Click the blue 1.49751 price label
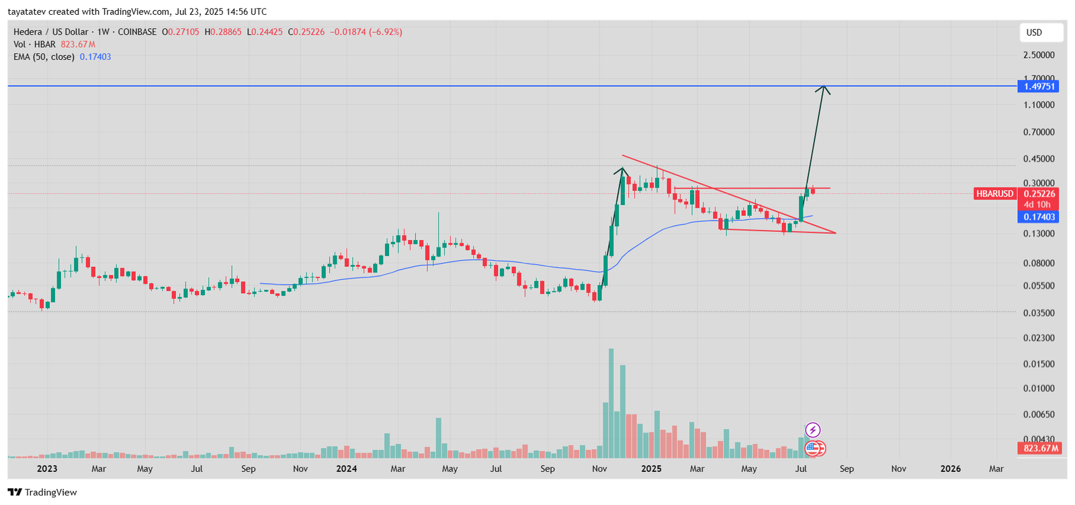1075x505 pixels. (x=1038, y=86)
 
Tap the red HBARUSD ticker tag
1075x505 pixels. (x=994, y=194)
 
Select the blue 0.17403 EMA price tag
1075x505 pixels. (x=1038, y=217)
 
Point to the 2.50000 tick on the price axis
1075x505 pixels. (x=1039, y=55)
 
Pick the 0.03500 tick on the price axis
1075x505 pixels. (x=1039, y=313)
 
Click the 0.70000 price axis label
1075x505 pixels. (x=1039, y=132)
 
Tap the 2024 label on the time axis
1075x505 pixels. (x=346, y=469)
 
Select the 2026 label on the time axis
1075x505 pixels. (x=950, y=469)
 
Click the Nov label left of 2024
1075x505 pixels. (x=300, y=469)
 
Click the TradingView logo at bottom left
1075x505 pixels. (x=42, y=492)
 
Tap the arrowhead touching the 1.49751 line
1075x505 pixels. (x=824, y=89)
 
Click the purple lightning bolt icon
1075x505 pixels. (x=812, y=430)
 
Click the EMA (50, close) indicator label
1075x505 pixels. (x=44, y=57)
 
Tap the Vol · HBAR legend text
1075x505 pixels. (x=34, y=44)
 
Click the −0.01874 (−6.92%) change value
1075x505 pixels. (x=366, y=32)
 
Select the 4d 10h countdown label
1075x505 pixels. (x=1037, y=204)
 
